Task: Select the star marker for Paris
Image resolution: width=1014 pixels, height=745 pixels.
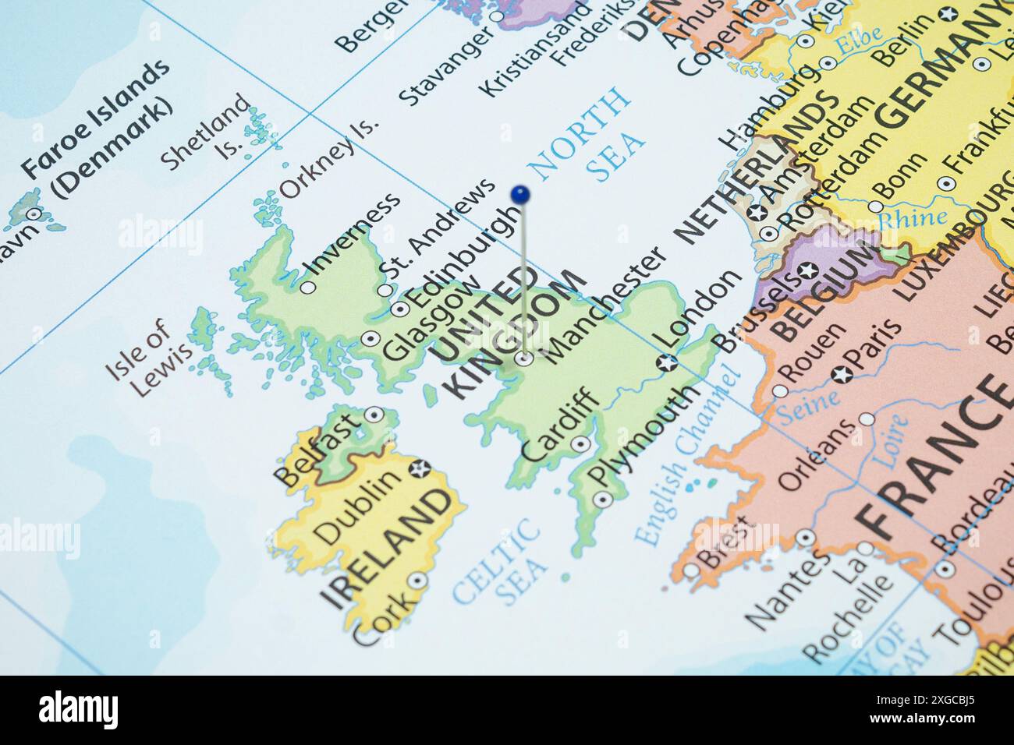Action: (840, 374)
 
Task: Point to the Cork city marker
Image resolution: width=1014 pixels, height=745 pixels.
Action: (418, 580)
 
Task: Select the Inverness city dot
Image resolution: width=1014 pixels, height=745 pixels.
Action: (308, 288)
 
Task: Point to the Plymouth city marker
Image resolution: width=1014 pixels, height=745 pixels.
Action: (601, 499)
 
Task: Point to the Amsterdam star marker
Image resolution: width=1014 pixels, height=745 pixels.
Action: (755, 211)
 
